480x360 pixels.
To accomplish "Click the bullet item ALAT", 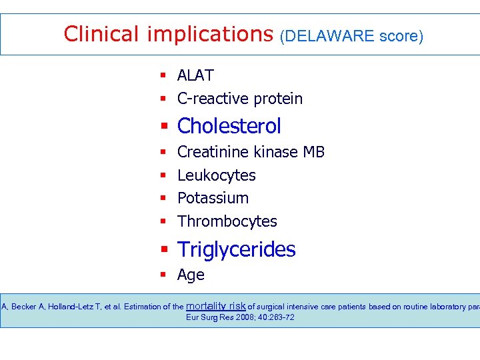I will pos(195,76).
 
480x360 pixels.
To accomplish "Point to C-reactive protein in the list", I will pos(240,99).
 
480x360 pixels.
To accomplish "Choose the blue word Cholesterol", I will pos(229,126).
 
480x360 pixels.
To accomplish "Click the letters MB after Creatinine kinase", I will pos(313,152).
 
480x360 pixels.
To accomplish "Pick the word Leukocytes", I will pos(217,175).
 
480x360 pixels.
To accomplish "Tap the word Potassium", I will pos(213,198).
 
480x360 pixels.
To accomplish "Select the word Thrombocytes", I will pos(227,221).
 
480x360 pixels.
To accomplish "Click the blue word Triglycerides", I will pos(236,249).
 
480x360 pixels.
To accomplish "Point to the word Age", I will pos(191,275).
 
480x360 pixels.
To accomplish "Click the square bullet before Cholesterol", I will pos(163,127).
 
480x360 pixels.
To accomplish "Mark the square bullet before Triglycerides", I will pos(163,250).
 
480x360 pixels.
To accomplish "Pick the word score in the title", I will pos(401,36).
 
